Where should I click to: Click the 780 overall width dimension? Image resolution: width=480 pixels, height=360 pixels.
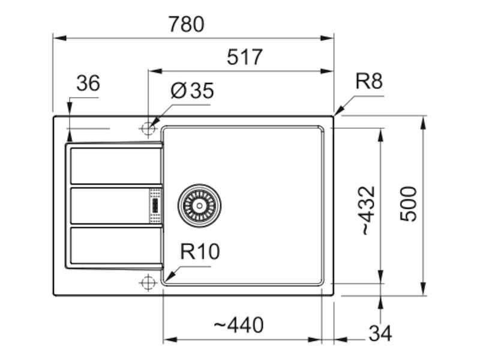[186, 25]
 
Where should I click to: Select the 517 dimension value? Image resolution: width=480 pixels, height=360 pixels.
[245, 57]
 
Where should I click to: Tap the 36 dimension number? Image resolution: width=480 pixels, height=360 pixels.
[88, 83]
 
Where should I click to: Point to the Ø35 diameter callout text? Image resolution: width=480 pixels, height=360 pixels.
[192, 91]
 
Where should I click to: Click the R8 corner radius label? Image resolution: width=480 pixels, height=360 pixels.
[369, 82]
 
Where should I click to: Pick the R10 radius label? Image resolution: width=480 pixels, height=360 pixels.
[200, 251]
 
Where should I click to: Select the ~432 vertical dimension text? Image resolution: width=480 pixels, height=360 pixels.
[368, 211]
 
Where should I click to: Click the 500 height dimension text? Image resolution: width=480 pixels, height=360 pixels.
[409, 203]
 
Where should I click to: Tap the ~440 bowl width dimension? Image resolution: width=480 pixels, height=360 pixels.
[238, 325]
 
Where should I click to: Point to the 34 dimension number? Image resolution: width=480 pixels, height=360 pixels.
[380, 334]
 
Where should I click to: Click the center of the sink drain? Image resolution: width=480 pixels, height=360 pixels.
[199, 206]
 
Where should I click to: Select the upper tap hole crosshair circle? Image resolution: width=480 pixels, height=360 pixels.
[148, 128]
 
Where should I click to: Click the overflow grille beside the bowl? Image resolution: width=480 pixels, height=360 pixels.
[155, 206]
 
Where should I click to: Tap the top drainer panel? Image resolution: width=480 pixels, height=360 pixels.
[116, 166]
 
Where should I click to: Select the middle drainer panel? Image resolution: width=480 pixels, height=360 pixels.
[110, 206]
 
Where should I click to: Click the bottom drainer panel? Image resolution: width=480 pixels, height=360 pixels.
[116, 245]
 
